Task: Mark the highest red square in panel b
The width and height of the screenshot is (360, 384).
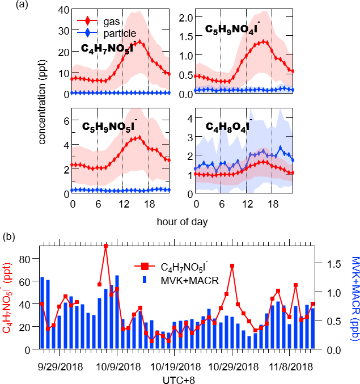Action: pyautogui.click(x=105, y=246)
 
